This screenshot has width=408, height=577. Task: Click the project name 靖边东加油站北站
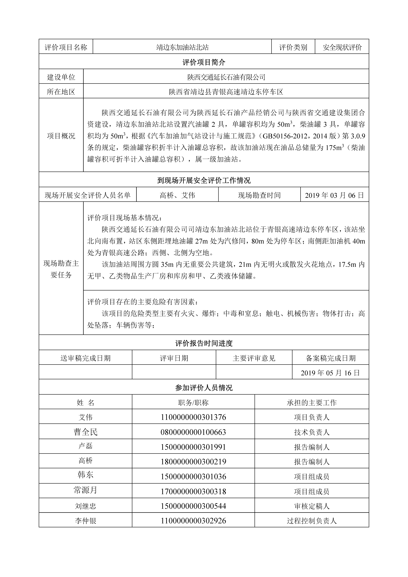point(182,47)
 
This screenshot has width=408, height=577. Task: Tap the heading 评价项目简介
point(204,62)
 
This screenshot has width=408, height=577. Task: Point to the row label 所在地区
point(61,92)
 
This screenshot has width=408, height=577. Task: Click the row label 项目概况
point(61,136)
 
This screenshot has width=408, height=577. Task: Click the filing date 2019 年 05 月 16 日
point(330,373)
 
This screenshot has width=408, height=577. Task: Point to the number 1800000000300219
point(193,462)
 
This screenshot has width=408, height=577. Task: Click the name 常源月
point(85,491)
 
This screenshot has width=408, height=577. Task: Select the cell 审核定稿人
point(312,506)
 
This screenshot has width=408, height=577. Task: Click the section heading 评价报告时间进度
point(204,343)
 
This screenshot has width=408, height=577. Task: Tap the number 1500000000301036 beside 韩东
point(193,477)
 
